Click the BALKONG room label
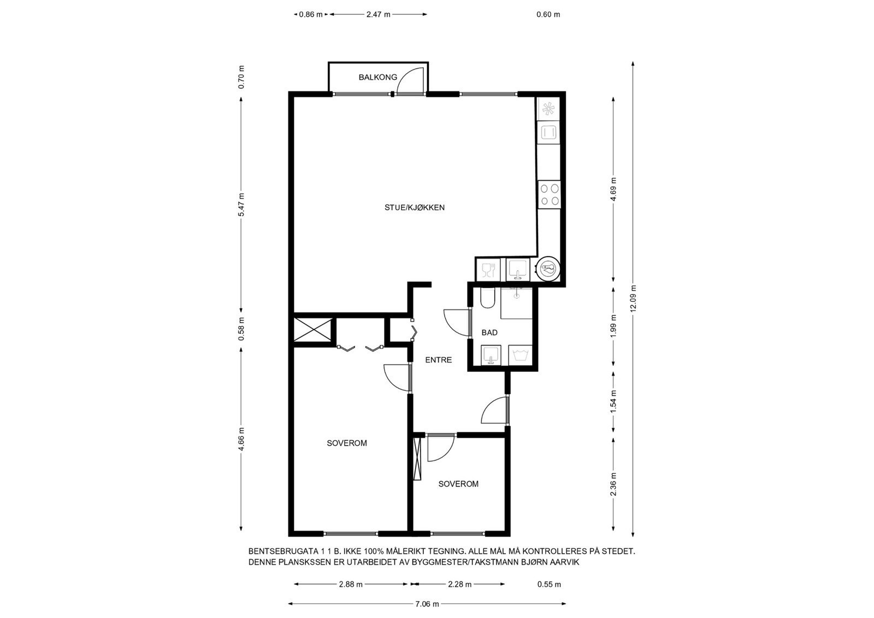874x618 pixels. [x=377, y=78]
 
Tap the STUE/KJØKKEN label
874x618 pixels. [x=414, y=207]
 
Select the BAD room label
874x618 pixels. [x=489, y=332]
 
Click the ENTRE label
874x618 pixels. [x=438, y=360]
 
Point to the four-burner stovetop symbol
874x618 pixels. [x=549, y=194]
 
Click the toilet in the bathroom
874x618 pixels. [x=487, y=299]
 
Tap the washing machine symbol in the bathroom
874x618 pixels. [x=519, y=355]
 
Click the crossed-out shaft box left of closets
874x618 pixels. [x=312, y=330]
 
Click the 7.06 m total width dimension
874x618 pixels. [x=427, y=604]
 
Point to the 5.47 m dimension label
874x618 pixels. [x=241, y=205]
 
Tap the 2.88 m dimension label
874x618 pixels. [x=350, y=584]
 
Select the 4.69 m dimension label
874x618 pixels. [x=613, y=189]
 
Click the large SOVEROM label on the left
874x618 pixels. [x=346, y=443]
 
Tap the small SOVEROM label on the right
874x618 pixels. [x=458, y=484]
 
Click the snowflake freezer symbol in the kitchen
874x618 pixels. [x=548, y=109]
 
